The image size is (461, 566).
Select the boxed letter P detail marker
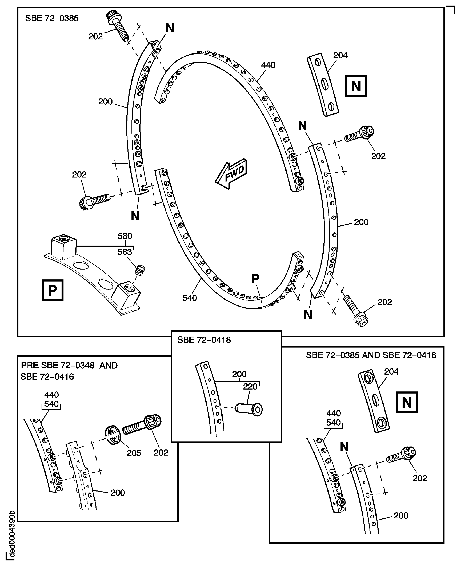(x=53, y=290)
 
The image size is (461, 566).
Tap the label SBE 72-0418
(x=204, y=340)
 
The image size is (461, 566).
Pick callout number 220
(x=250, y=386)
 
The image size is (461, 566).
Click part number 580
(x=125, y=236)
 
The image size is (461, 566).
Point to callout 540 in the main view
(x=190, y=298)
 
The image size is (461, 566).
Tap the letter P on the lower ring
(x=255, y=279)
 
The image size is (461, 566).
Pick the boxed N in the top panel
(x=356, y=86)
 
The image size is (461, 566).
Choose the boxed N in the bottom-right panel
(x=407, y=402)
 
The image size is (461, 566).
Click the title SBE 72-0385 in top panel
(x=52, y=18)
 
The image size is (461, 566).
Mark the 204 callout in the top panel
(x=340, y=55)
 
